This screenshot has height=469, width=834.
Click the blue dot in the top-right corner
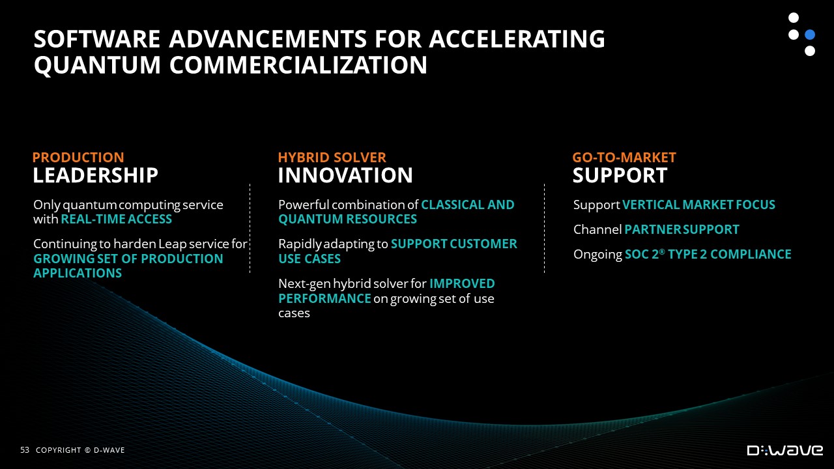pyautogui.click(x=810, y=35)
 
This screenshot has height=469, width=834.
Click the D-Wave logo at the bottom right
pyautogui.click(x=785, y=450)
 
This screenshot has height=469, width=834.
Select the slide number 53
pyautogui.click(x=25, y=450)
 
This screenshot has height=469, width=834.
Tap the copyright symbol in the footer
pyautogui.click(x=87, y=450)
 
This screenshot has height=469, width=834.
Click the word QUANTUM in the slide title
pyautogui.click(x=97, y=65)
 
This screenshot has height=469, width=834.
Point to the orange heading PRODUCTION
pyautogui.click(x=78, y=158)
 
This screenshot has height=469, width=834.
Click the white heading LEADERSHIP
pyautogui.click(x=95, y=175)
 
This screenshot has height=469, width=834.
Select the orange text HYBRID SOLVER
pyautogui.click(x=332, y=158)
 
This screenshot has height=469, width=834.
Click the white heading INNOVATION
pyautogui.click(x=345, y=175)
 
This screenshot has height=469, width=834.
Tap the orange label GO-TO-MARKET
pyautogui.click(x=624, y=158)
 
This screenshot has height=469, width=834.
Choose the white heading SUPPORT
pyautogui.click(x=620, y=175)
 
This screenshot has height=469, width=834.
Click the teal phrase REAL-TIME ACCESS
pyautogui.click(x=116, y=220)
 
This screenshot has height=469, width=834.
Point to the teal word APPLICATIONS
pyautogui.click(x=78, y=273)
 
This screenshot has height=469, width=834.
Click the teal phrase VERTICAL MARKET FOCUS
pyautogui.click(x=698, y=205)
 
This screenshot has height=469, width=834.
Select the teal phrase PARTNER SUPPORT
pyautogui.click(x=682, y=230)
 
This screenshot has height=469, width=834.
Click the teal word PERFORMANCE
pyautogui.click(x=324, y=298)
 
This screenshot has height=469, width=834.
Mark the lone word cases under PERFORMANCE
pyautogui.click(x=294, y=313)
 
